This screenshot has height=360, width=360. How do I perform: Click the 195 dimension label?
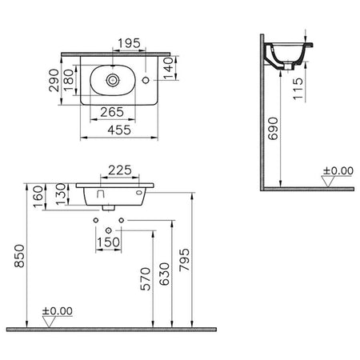click(129, 43)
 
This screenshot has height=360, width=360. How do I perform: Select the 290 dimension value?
click(54, 80)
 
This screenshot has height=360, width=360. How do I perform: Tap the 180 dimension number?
click(69, 80)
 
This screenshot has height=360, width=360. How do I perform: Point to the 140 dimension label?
click(169, 68)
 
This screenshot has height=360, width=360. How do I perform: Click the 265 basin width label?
click(112, 112)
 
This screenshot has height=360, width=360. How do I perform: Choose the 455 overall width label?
click(119, 130)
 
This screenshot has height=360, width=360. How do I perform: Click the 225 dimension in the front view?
click(120, 170)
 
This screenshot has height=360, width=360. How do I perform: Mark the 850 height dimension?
click(19, 256)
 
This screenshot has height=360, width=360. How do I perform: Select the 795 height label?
click(184, 260)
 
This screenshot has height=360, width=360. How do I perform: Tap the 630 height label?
click(165, 274)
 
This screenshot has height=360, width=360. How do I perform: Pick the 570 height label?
click(146, 279)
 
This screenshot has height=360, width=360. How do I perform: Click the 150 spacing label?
click(109, 242)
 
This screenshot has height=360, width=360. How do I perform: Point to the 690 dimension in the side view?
click(273, 129)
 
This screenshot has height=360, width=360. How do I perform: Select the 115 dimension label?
click(298, 89)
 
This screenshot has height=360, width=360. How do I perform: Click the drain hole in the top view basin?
click(113, 79)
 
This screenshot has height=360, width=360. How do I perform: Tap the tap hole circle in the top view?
click(146, 80)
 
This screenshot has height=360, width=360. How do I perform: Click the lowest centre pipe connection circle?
click(109, 230)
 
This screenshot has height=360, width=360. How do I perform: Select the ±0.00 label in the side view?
click(338, 170)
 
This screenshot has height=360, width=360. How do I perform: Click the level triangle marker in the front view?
click(49, 322)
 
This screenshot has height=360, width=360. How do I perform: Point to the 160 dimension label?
click(38, 197)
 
